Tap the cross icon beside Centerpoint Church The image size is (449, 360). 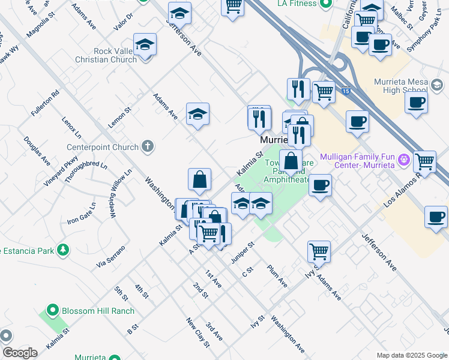(x=147, y=146)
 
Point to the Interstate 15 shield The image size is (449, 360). (x=346, y=91)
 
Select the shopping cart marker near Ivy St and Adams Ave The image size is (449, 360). (x=319, y=251)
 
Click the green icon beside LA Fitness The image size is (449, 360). (x=325, y=4)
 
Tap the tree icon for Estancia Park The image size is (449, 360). (x=62, y=250)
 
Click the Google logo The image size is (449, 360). (x=20, y=353)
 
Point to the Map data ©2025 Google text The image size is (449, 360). (x=412, y=355)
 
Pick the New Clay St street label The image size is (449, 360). (x=197, y=332)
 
